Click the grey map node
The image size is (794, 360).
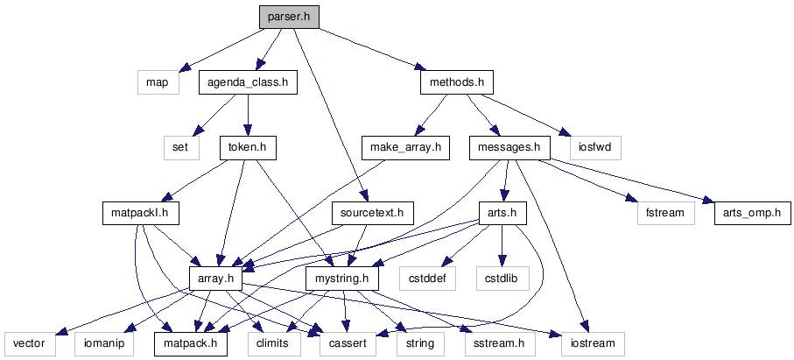(158, 83)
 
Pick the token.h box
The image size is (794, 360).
(248, 148)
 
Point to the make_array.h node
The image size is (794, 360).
(405, 148)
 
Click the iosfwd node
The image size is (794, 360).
(595, 148)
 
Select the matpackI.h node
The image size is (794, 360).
(140, 213)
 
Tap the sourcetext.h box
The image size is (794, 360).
(373, 213)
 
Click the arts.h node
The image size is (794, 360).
(502, 213)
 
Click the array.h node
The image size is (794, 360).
(215, 279)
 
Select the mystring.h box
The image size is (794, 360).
(341, 279)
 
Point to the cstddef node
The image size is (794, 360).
(424, 279)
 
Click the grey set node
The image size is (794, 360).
(180, 148)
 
